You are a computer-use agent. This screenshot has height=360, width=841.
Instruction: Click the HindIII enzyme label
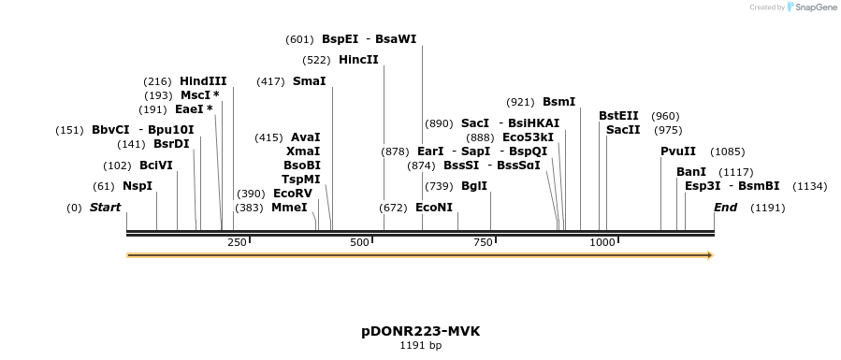click(x=203, y=81)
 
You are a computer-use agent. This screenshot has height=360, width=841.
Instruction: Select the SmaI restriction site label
click(x=309, y=81)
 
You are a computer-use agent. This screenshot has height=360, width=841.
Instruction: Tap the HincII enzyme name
click(x=358, y=60)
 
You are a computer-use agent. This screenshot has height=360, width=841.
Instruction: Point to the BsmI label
click(x=558, y=102)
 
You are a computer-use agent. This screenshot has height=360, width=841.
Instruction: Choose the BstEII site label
click(x=618, y=116)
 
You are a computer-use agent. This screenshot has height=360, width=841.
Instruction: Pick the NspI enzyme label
click(x=138, y=186)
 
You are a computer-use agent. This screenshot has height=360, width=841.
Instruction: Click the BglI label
click(x=474, y=186)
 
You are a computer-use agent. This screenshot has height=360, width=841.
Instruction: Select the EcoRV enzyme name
click(x=293, y=194)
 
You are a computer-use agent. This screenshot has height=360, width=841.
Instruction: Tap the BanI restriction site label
click(x=691, y=172)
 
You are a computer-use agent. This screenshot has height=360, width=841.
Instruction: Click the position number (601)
click(x=299, y=39)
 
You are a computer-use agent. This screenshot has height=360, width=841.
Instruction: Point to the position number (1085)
click(x=727, y=151)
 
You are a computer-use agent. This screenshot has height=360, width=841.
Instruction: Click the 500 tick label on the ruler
click(x=360, y=243)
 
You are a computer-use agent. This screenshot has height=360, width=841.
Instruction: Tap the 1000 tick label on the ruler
click(x=602, y=243)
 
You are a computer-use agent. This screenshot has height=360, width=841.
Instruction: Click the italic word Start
click(x=106, y=208)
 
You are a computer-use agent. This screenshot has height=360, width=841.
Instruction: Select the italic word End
click(x=725, y=208)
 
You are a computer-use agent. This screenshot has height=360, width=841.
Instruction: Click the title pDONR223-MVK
click(x=420, y=332)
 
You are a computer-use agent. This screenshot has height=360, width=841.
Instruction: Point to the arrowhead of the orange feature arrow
click(x=710, y=255)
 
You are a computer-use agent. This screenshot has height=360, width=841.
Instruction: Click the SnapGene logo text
click(x=814, y=7)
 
